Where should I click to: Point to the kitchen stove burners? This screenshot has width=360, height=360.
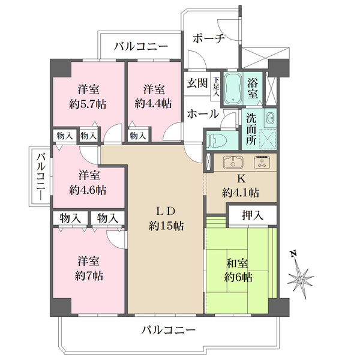(x=263, y=163)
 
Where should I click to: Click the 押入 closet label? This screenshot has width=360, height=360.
(x=251, y=214)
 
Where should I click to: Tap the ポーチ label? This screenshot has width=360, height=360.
(x=208, y=38)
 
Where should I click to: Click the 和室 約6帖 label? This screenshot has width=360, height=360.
(x=238, y=270)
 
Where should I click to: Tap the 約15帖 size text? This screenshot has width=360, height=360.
(x=166, y=226)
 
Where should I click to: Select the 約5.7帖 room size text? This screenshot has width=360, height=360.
(x=88, y=103)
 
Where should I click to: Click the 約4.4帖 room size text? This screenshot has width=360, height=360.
(x=153, y=103)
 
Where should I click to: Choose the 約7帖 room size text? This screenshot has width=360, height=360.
(x=88, y=276)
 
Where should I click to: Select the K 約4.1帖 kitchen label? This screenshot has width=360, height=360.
(x=240, y=186)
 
